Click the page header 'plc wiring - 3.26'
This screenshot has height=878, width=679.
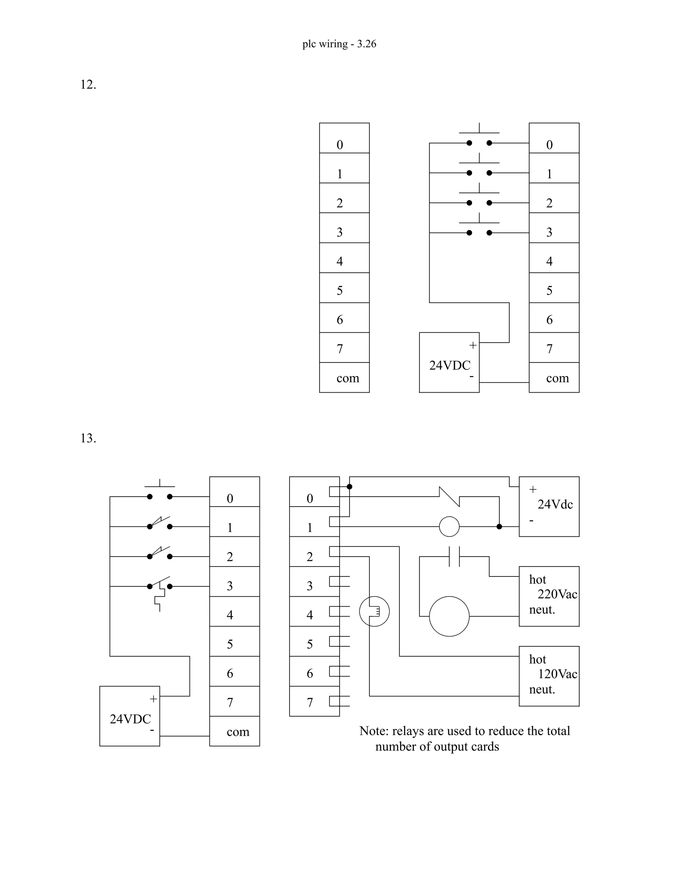[339, 44]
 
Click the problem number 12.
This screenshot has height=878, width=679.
[88, 85]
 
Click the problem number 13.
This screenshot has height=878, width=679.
[88, 438]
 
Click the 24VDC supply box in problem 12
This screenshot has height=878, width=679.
[449, 362]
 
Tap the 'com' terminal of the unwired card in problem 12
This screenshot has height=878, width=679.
[344, 378]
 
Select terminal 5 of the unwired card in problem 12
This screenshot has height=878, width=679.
[344, 288]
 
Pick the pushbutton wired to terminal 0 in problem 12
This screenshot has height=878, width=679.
[479, 139]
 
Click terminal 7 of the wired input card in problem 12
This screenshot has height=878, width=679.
[554, 348]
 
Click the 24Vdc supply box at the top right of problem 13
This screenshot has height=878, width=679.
[549, 507]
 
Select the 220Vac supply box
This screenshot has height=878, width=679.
[549, 596]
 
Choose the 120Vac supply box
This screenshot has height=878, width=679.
[549, 676]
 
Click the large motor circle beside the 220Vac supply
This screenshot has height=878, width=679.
[449, 616]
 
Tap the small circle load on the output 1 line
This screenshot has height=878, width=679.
[449, 527]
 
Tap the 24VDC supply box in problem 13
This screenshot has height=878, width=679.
[130, 716]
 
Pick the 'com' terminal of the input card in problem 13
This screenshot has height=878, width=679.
[234, 732]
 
